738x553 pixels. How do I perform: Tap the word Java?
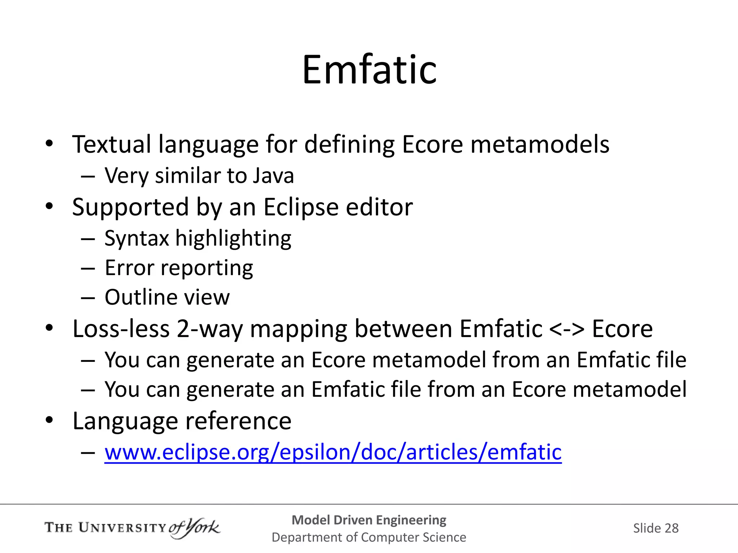273,176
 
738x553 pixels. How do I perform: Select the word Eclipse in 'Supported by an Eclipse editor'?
301,207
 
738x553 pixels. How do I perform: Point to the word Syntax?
137,238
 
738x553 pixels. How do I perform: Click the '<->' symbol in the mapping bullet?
567,329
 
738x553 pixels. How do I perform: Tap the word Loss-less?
121,329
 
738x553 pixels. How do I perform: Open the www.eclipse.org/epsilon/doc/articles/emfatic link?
333,452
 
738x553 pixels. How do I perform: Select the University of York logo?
132,528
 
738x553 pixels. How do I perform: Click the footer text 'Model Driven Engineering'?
369,520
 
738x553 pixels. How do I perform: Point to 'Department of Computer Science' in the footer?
369,537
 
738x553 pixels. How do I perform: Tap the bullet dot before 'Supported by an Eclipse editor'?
49,207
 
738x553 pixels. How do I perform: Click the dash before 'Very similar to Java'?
88,176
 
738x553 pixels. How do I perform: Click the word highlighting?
233,238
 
